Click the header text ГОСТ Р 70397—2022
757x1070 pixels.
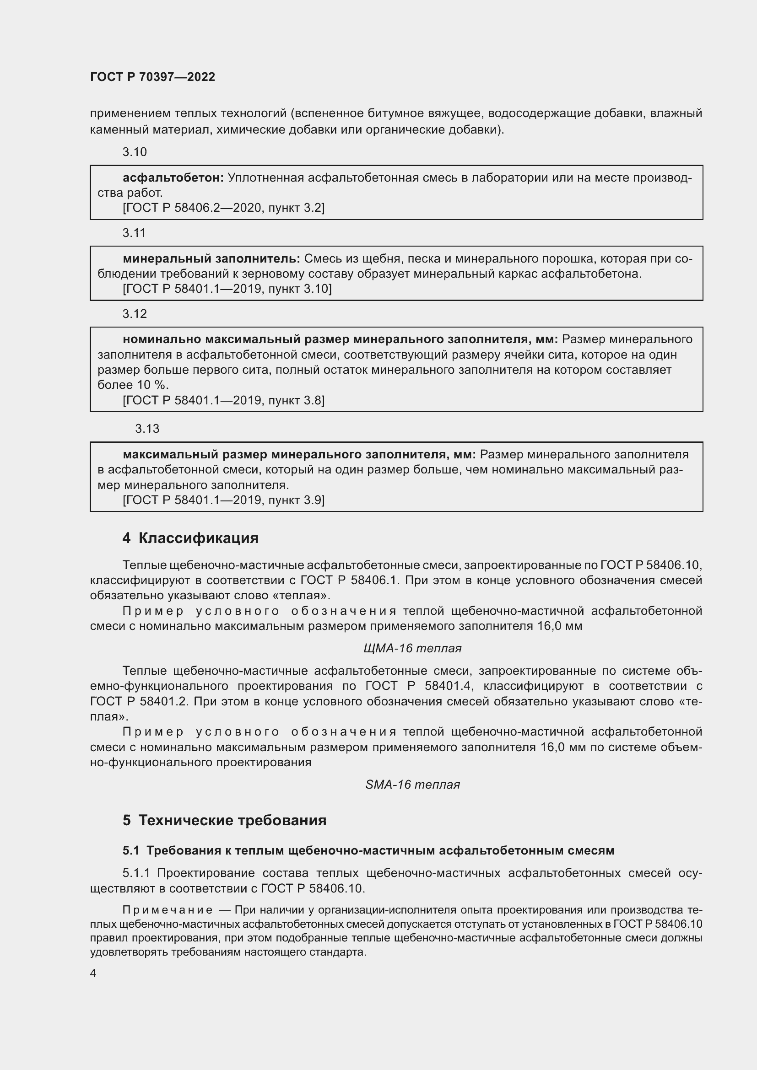pos(152,77)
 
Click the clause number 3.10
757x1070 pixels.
pos(134,152)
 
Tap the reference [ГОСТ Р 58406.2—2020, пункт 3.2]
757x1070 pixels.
pos(223,208)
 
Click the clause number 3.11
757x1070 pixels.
pos(134,233)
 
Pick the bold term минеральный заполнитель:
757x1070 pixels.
pos(211,258)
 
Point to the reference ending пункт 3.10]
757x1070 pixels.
pos(227,289)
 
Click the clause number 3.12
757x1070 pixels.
pos(134,314)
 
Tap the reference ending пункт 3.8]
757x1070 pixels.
pos(223,400)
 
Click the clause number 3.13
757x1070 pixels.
pos(147,429)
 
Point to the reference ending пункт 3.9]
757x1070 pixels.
pos(223,500)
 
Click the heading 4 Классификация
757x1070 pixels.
pos(190,538)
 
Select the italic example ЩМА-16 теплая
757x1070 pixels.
pos(412,648)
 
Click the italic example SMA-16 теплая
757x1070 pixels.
pos(412,785)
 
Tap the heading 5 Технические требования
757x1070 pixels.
pos(224,820)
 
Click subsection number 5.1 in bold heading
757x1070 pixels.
pos(131,850)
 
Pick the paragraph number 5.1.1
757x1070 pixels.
pos(136,873)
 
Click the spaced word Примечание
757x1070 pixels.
pos(168,910)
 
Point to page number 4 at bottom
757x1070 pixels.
pos(93,973)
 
